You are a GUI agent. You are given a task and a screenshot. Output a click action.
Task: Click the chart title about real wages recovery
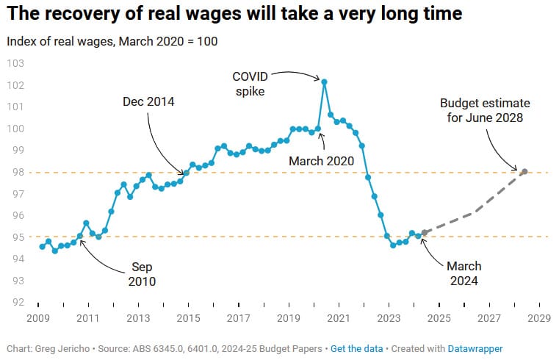coord(234,15)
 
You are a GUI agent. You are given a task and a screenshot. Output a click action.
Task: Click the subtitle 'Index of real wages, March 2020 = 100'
coord(112,41)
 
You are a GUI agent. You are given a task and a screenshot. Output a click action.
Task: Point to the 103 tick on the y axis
coord(15,63)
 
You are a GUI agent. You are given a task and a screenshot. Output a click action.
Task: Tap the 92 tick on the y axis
coord(15,302)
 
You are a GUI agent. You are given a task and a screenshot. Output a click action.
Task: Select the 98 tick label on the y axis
coord(15,172)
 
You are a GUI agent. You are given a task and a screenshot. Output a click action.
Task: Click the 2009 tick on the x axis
coord(37,318)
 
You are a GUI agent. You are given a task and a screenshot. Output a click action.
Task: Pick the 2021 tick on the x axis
coord(339,318)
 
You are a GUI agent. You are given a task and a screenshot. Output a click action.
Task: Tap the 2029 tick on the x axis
coord(539,318)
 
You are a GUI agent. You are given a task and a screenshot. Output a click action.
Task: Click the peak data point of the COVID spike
coord(324,82)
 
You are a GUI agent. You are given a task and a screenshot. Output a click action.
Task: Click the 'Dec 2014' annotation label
coord(148,102)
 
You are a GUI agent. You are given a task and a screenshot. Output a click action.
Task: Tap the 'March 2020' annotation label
coord(321,160)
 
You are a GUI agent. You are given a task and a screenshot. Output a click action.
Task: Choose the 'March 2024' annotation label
coord(464,273)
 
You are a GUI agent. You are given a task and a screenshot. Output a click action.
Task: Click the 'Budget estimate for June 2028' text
coord(484,109)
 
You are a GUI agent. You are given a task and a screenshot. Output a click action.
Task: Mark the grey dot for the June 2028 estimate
coord(524,172)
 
